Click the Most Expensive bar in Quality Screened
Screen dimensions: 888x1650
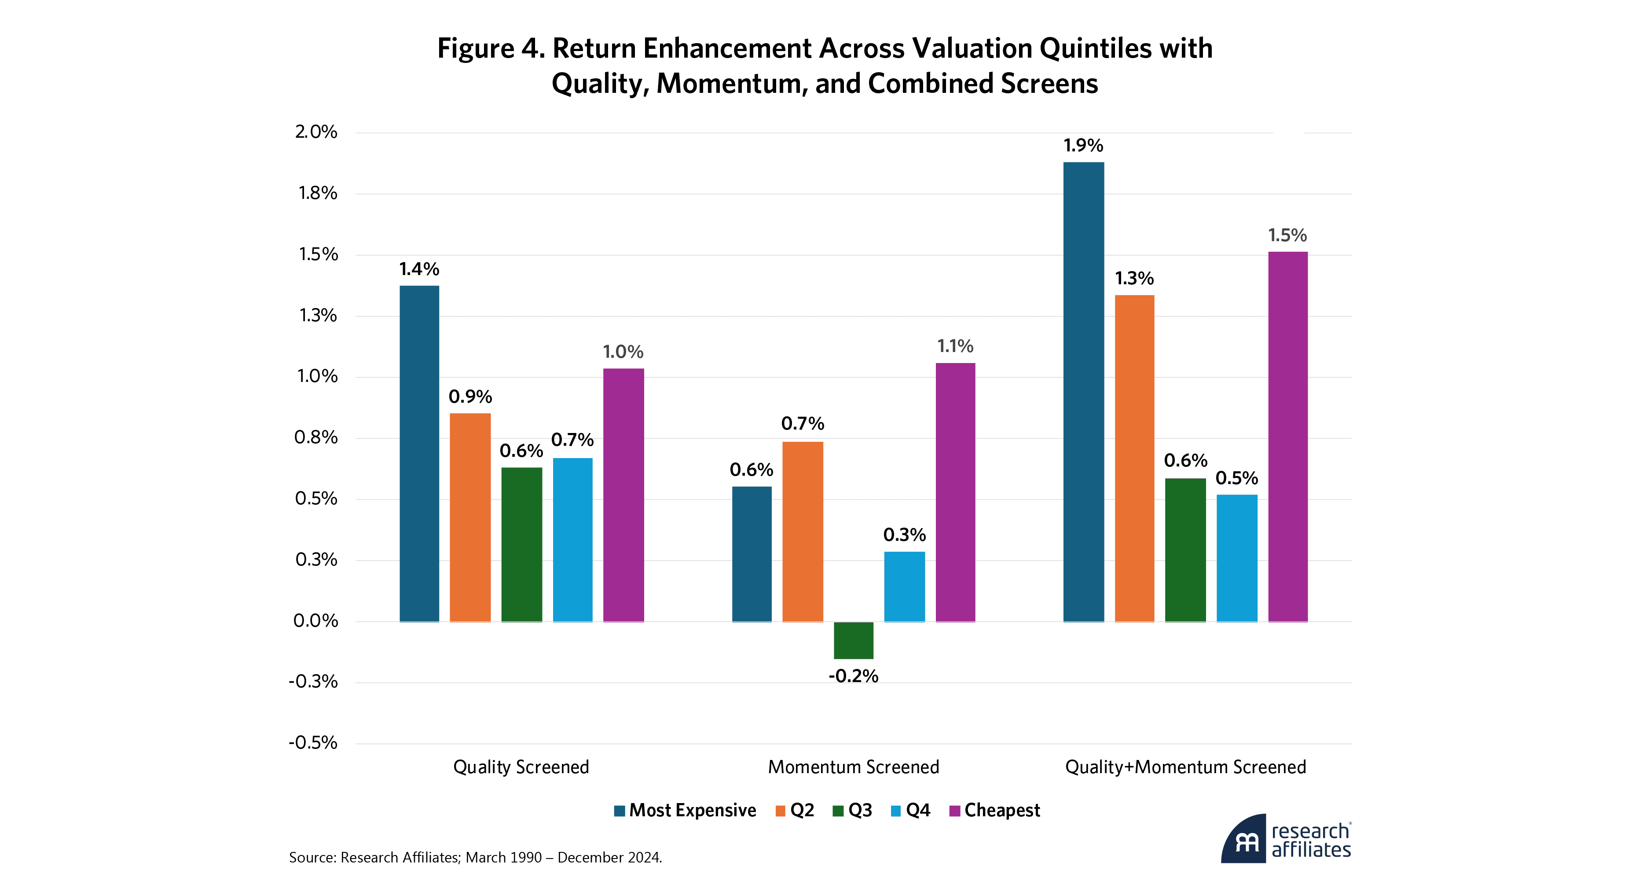tap(420, 454)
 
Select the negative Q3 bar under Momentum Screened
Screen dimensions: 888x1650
tap(853, 640)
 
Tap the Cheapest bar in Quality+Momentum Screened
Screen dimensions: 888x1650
tap(1287, 437)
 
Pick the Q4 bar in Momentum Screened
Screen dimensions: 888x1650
tap(905, 586)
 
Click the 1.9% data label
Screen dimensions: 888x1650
tap(1083, 146)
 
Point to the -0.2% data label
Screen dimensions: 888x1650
tap(853, 676)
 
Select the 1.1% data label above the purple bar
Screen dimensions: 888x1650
tap(955, 347)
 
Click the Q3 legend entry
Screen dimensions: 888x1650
tap(853, 811)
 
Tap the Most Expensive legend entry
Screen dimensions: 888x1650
tap(686, 811)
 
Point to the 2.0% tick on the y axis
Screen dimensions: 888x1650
tap(316, 132)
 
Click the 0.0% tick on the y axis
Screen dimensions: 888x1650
tap(316, 621)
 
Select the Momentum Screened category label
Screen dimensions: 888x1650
tap(853, 767)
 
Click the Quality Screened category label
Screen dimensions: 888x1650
tap(521, 767)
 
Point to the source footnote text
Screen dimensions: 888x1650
tap(475, 857)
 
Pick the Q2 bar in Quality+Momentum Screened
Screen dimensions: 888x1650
tap(1134, 458)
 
